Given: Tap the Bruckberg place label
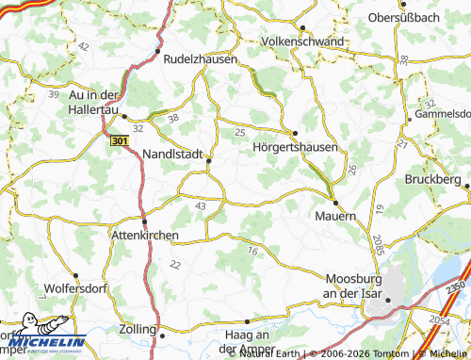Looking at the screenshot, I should [x=432, y=178].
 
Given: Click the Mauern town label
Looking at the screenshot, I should [x=335, y=216].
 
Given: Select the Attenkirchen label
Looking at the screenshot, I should [x=145, y=235].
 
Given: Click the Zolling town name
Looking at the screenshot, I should [x=138, y=330].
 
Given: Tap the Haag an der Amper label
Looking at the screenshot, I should [x=250, y=341].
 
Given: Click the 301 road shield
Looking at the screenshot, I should [x=118, y=140].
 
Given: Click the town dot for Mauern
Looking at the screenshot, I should [x=334, y=201].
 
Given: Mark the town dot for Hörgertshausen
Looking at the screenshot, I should [x=295, y=133].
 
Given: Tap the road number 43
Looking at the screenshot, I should [x=200, y=205].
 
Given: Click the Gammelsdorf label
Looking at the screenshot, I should [x=443, y=113].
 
